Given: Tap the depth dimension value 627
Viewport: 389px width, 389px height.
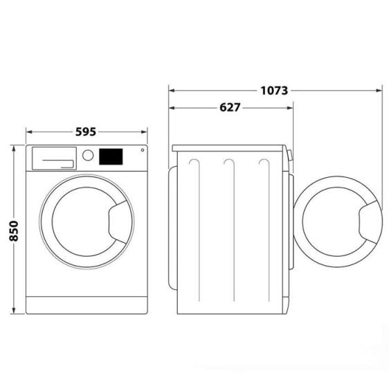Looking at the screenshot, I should (230, 107).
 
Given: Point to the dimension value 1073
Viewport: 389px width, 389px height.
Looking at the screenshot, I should (274, 90).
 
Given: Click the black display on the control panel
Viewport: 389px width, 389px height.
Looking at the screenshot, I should (111, 156).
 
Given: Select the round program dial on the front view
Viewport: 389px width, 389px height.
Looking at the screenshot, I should (88, 156).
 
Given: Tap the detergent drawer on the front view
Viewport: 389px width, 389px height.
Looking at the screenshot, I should (53, 159).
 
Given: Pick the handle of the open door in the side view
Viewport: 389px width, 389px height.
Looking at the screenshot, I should (368, 222).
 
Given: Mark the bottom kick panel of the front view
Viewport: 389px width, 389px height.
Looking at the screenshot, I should (87, 305).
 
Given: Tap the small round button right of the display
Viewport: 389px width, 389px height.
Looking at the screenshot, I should (143, 150).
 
